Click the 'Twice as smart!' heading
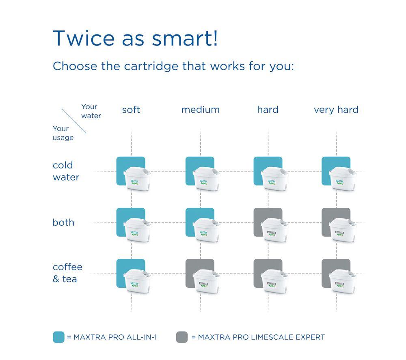[x=135, y=38]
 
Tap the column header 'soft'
[x=131, y=110]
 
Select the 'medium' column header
[x=201, y=110]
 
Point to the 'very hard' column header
[x=336, y=110]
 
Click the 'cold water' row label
[x=66, y=171]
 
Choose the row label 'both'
[x=63, y=222]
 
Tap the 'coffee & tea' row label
[x=67, y=273]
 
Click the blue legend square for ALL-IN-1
[x=58, y=337]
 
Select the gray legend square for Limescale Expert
[x=182, y=337]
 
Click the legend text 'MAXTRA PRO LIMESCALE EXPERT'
[x=261, y=337]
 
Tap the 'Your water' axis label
[x=91, y=111]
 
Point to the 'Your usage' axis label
[x=63, y=133]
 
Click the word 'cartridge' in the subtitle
[x=151, y=66]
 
